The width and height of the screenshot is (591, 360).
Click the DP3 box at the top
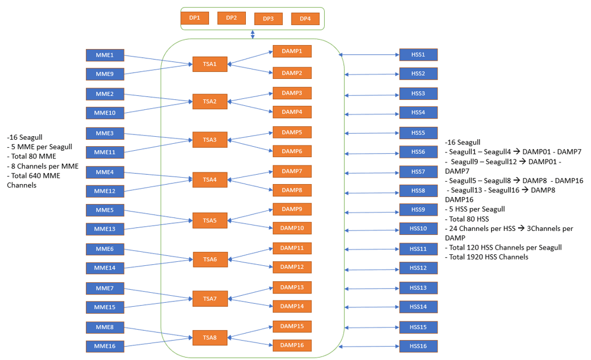click(x=268, y=19)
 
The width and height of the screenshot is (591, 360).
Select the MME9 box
click(x=105, y=74)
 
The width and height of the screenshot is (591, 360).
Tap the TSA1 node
click(x=210, y=64)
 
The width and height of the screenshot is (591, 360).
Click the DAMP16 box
click(x=292, y=345)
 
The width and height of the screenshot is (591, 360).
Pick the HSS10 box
click(x=418, y=229)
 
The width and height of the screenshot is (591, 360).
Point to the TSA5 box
click(x=210, y=220)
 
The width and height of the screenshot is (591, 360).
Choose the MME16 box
click(x=105, y=347)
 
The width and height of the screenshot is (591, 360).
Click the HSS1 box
click(x=418, y=55)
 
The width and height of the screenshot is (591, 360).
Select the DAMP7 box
click(x=292, y=171)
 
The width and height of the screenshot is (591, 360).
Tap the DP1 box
click(x=194, y=18)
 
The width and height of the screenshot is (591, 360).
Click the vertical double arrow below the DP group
click(x=253, y=35)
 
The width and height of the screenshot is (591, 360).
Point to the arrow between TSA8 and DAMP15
click(x=250, y=332)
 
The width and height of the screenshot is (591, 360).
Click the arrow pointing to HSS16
click(x=371, y=347)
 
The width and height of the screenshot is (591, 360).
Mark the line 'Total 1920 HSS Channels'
click(x=486, y=257)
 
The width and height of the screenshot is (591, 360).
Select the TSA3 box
click(x=210, y=140)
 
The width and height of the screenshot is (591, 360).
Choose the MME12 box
click(x=105, y=191)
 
